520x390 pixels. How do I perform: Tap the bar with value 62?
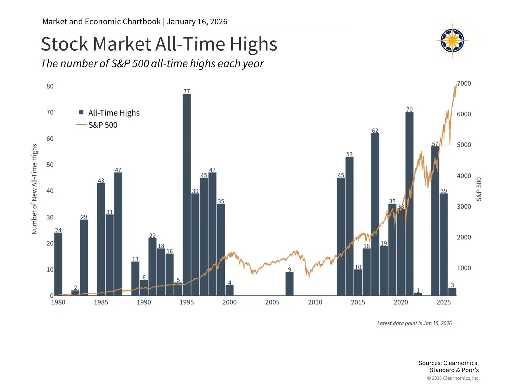click(x=375, y=214)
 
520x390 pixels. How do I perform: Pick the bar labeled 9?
click(x=289, y=284)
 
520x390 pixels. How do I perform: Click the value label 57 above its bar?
click(x=435, y=144)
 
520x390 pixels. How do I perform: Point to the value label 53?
click(x=349, y=154)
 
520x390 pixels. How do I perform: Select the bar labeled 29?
click(x=84, y=257)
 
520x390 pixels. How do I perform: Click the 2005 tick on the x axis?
click(x=272, y=302)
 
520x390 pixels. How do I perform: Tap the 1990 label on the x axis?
click(x=144, y=302)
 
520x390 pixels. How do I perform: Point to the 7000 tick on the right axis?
click(x=464, y=83)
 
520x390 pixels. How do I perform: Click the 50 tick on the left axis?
click(x=50, y=165)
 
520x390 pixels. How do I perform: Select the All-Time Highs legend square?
click(x=81, y=112)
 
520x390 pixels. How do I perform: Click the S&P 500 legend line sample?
click(x=81, y=125)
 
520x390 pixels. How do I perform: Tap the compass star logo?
click(x=452, y=41)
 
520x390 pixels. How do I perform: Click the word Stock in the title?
click(x=64, y=44)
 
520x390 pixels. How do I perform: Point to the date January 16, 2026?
click(x=197, y=21)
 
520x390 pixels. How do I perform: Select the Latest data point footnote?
click(x=414, y=323)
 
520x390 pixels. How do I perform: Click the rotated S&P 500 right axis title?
click(x=479, y=189)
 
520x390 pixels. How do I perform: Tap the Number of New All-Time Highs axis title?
click(x=34, y=189)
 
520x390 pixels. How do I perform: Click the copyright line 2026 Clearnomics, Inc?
click(x=453, y=378)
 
